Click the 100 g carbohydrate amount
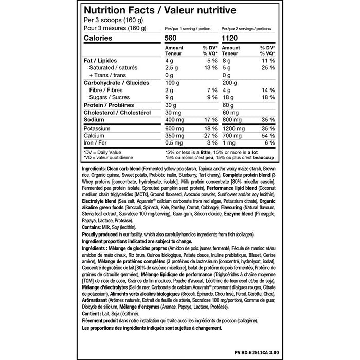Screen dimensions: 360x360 click(173, 82)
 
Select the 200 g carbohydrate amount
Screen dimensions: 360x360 click(229, 82)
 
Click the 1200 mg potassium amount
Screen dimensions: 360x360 click(233, 128)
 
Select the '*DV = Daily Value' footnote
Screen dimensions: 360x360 click(102, 152)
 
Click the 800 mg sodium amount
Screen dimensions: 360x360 click(231, 119)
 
